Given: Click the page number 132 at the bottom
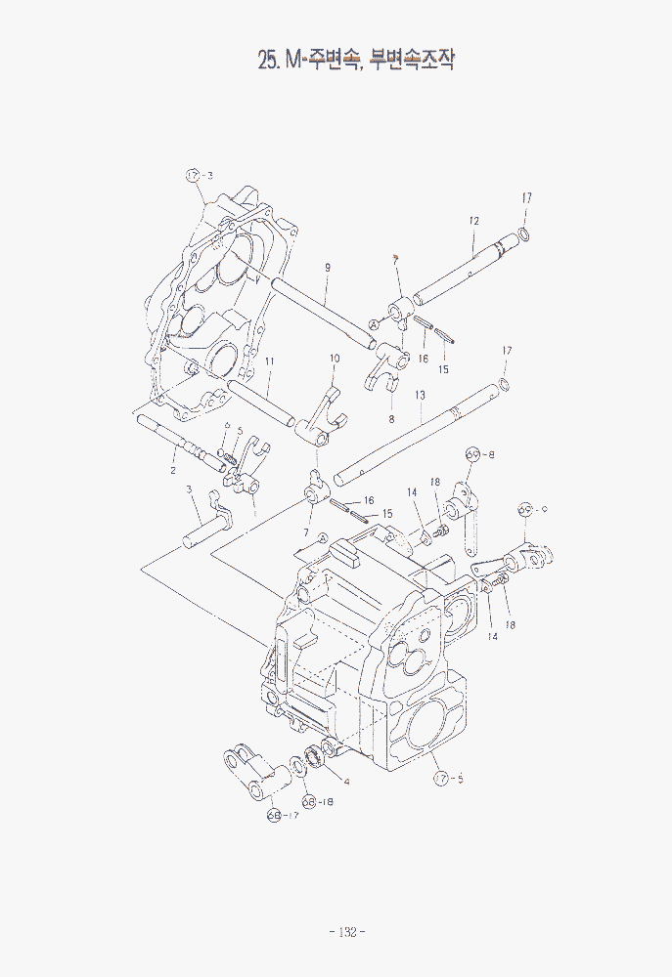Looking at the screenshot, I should click(346, 931).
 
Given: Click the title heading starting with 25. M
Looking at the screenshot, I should click(356, 61).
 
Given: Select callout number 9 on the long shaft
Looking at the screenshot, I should click(328, 267).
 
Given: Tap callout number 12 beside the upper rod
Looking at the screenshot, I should click(472, 221).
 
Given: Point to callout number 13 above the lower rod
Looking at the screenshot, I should click(420, 395).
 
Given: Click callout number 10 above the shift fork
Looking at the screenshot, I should click(334, 359).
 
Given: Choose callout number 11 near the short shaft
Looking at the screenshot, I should click(269, 361).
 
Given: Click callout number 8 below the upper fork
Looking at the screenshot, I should click(391, 417).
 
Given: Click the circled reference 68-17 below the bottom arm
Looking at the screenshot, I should click(281, 817).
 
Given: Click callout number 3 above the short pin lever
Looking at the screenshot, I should click(189, 489).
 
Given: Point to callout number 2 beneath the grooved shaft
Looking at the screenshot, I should click(173, 470).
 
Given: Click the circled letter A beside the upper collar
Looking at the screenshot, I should click(374, 323).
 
